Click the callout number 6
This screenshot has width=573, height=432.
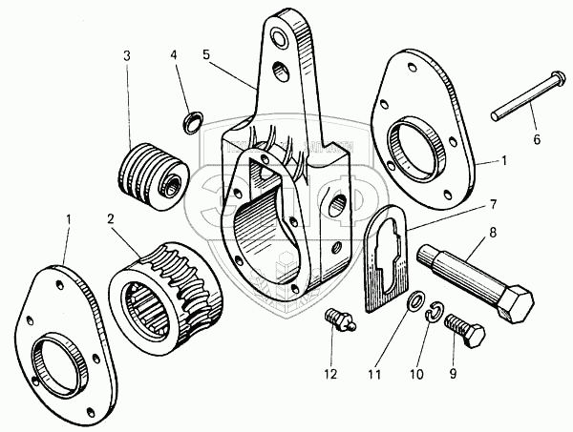[536, 139]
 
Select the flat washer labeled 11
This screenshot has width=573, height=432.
[415, 302]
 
